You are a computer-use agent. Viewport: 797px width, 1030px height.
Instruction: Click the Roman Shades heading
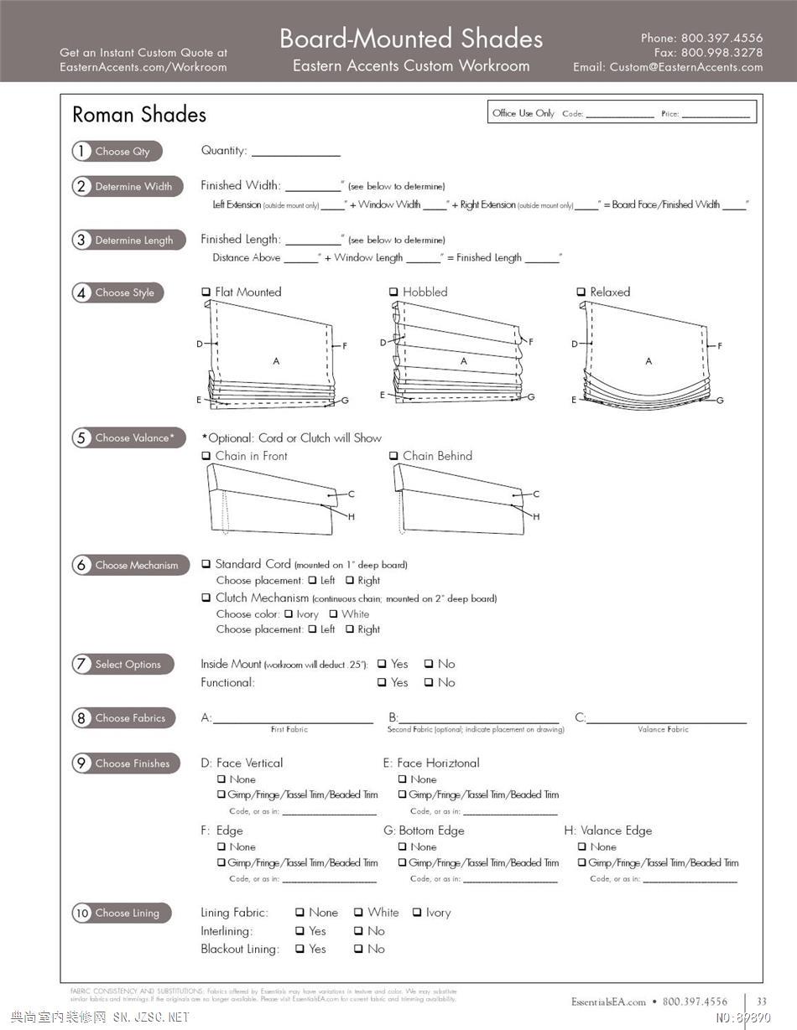(x=139, y=115)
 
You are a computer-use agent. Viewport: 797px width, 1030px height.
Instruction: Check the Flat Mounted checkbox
(x=206, y=292)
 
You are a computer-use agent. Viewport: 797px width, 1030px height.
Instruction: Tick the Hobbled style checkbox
(x=393, y=292)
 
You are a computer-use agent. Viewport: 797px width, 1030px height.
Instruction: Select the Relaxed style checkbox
(x=581, y=292)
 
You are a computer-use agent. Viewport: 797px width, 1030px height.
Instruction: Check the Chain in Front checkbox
(x=206, y=456)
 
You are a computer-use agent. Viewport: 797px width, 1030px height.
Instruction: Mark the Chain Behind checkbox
(x=393, y=456)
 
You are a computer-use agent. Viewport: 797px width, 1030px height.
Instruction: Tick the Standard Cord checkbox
(x=206, y=565)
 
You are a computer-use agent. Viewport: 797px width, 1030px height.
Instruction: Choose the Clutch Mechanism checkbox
(x=206, y=598)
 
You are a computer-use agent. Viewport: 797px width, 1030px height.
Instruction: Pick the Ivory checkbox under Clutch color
(x=288, y=614)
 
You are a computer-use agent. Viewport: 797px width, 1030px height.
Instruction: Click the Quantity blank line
(x=295, y=152)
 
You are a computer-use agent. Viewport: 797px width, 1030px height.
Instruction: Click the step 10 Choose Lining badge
(x=121, y=913)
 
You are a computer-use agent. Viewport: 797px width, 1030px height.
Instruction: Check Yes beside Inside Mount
(x=382, y=664)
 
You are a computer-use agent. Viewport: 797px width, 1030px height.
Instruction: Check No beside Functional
(x=429, y=683)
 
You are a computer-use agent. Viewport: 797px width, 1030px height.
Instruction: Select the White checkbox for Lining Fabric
(x=358, y=913)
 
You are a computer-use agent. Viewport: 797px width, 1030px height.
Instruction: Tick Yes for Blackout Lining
(x=300, y=950)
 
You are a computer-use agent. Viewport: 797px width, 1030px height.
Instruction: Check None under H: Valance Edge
(x=581, y=847)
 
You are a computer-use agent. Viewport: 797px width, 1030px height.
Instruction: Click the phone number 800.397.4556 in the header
(x=721, y=38)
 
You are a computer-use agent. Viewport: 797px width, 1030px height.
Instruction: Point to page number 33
(x=762, y=1002)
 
